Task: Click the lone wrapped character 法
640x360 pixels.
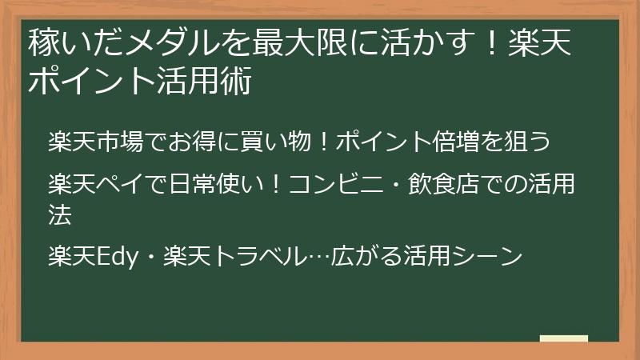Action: pos(59,214)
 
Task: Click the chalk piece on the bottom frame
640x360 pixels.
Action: pos(563,339)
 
